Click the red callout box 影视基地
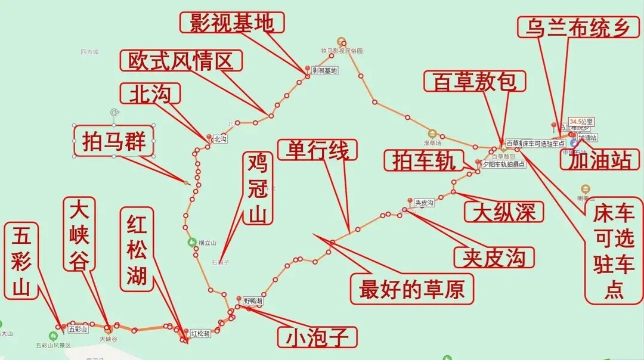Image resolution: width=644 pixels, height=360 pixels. pyautogui.click(x=232, y=23)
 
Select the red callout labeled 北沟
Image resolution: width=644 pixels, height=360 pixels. pyautogui.click(x=150, y=94)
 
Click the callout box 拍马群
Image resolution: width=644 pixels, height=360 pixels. pyautogui.click(x=114, y=141)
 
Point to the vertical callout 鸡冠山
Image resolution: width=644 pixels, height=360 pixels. pyautogui.click(x=258, y=188)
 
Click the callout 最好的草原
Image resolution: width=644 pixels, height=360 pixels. pyautogui.click(x=411, y=289)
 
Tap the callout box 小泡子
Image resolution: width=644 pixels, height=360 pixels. pyautogui.click(x=317, y=337)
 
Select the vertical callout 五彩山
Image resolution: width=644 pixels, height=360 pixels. pyautogui.click(x=21, y=260)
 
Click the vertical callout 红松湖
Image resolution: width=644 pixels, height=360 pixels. pyautogui.click(x=137, y=249)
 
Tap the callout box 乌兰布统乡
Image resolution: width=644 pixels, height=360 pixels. pyautogui.click(x=577, y=27)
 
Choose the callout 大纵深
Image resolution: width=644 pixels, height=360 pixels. pyautogui.click(x=504, y=212)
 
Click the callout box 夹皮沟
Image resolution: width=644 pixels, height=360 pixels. pyautogui.click(x=493, y=256)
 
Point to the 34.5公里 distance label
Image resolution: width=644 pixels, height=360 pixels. pyautogui.click(x=581, y=121)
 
